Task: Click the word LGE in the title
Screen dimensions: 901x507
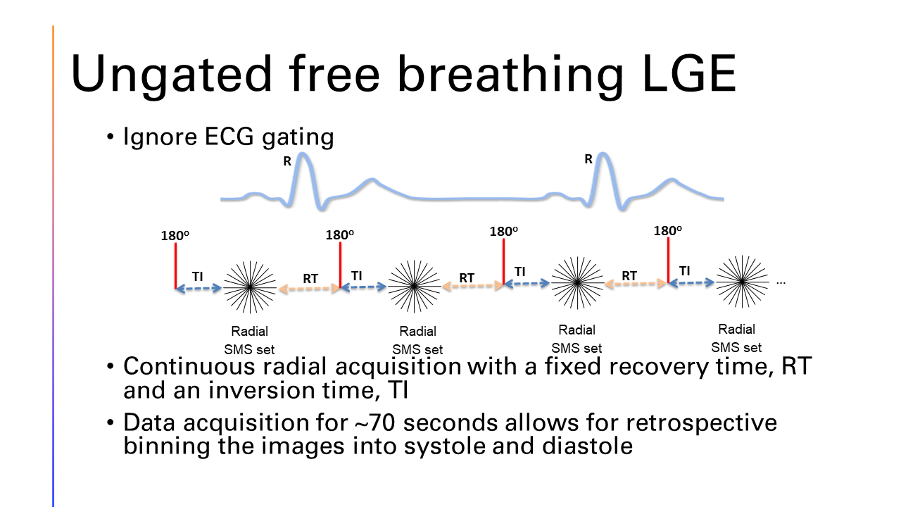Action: tap(689, 73)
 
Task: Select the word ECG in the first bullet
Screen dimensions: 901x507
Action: tap(229, 136)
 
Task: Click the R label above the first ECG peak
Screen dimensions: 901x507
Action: tap(286, 161)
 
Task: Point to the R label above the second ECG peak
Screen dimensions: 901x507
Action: tap(588, 159)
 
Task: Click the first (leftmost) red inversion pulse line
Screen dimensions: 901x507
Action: tap(175, 265)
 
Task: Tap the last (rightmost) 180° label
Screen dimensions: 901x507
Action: tap(668, 231)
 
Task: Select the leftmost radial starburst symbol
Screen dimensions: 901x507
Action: tap(250, 287)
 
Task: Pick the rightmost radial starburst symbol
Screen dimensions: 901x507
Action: tap(742, 282)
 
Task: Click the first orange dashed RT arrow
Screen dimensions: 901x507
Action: tap(310, 289)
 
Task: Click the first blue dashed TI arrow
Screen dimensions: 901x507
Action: tap(199, 288)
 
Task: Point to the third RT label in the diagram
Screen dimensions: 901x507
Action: tap(629, 276)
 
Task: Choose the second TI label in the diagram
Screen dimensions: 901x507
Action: tap(356, 276)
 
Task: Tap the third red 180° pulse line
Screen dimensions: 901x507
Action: tap(503, 261)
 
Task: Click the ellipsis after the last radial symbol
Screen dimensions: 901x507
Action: tap(781, 283)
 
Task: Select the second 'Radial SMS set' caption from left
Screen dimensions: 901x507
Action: tap(417, 340)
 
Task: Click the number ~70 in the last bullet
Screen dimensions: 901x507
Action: tap(376, 423)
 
